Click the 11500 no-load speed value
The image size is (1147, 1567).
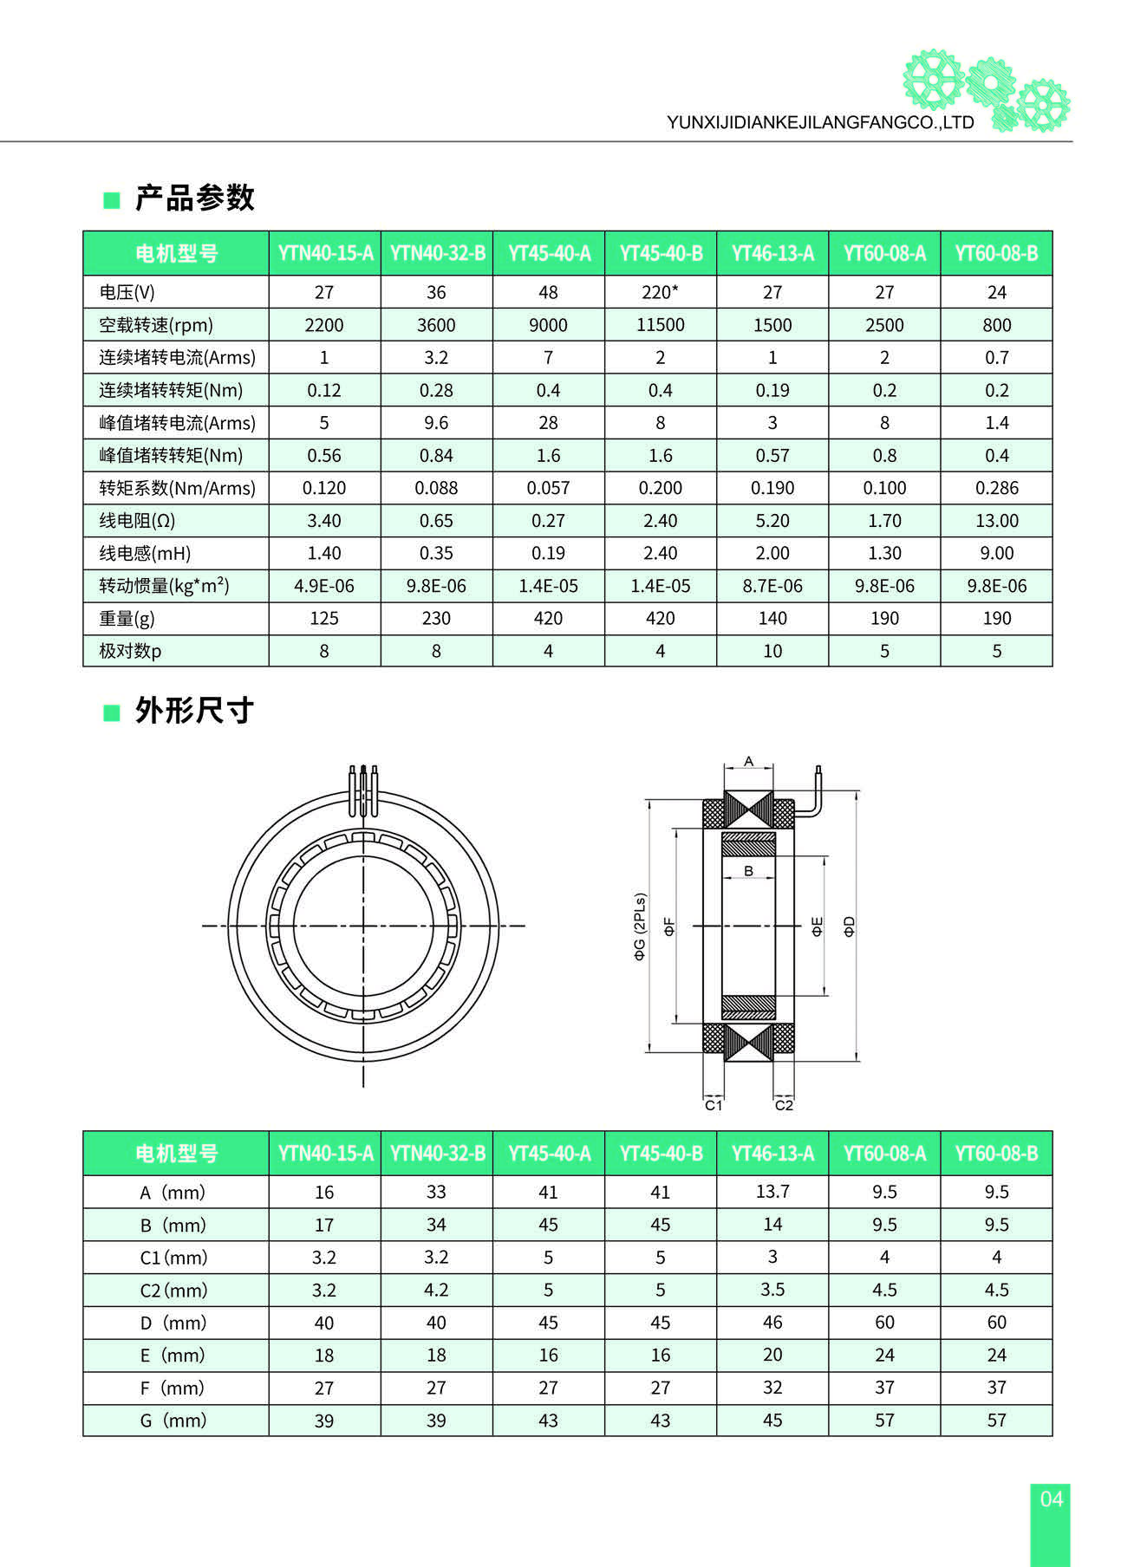(x=660, y=325)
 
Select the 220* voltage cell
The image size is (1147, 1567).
(x=660, y=292)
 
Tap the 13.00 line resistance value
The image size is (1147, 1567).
(x=996, y=521)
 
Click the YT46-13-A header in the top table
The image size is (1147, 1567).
(x=772, y=253)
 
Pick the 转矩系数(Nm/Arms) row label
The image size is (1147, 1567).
(x=177, y=488)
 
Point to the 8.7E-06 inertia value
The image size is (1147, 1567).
(x=772, y=586)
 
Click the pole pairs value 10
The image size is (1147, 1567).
(x=772, y=651)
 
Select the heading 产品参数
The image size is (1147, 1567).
(x=194, y=198)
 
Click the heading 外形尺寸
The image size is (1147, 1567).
(x=194, y=711)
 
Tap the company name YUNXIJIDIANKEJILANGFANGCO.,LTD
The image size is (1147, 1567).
(x=820, y=123)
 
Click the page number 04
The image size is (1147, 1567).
(x=1051, y=1499)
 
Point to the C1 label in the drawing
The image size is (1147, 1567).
(x=713, y=1105)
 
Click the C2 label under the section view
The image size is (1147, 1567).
(x=784, y=1105)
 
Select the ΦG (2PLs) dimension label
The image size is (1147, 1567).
(x=640, y=927)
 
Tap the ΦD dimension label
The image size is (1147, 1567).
(x=850, y=926)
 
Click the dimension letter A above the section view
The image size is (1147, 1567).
(x=748, y=762)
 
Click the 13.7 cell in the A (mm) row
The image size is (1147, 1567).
(x=772, y=1192)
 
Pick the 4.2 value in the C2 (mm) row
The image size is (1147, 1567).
(x=436, y=1290)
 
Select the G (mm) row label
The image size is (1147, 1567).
(x=173, y=1421)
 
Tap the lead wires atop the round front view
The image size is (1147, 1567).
(x=362, y=790)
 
